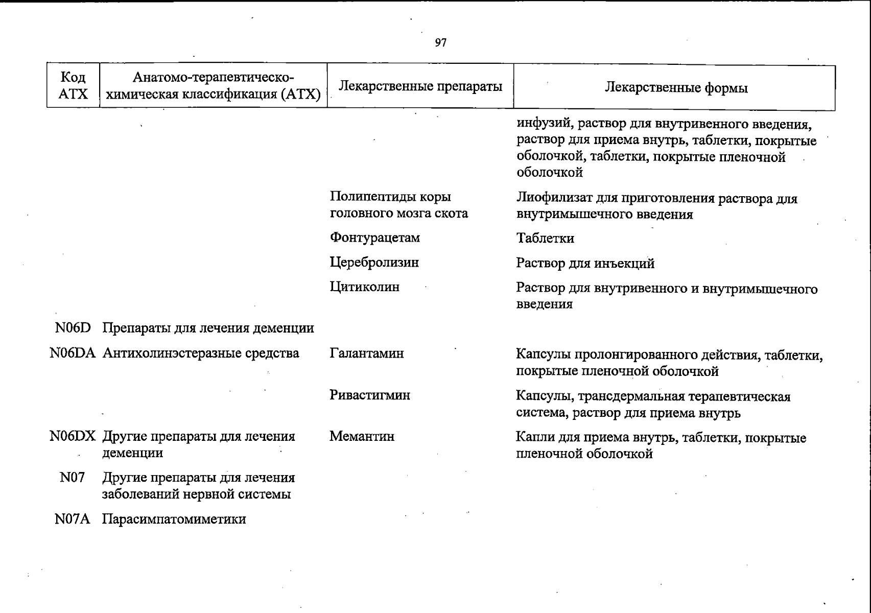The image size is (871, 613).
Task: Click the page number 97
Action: click(440, 43)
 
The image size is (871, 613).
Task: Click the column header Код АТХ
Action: click(73, 85)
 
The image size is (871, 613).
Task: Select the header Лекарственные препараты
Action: click(420, 86)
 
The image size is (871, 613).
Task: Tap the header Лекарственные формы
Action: click(676, 88)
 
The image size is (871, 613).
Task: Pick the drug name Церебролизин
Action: click(374, 263)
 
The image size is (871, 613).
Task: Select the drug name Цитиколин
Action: click(364, 287)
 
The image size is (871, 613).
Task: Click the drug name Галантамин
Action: click(366, 353)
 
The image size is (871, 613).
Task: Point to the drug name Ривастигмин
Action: click(369, 395)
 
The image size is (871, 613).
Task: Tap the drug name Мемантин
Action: click(362, 437)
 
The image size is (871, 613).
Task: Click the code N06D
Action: click(73, 328)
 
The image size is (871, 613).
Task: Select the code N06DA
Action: click(73, 353)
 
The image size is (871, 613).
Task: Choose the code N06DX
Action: click(73, 437)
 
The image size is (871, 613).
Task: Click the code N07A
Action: click(72, 520)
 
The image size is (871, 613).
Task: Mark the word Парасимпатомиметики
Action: click(174, 520)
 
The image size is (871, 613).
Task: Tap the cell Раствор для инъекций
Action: click(585, 264)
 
